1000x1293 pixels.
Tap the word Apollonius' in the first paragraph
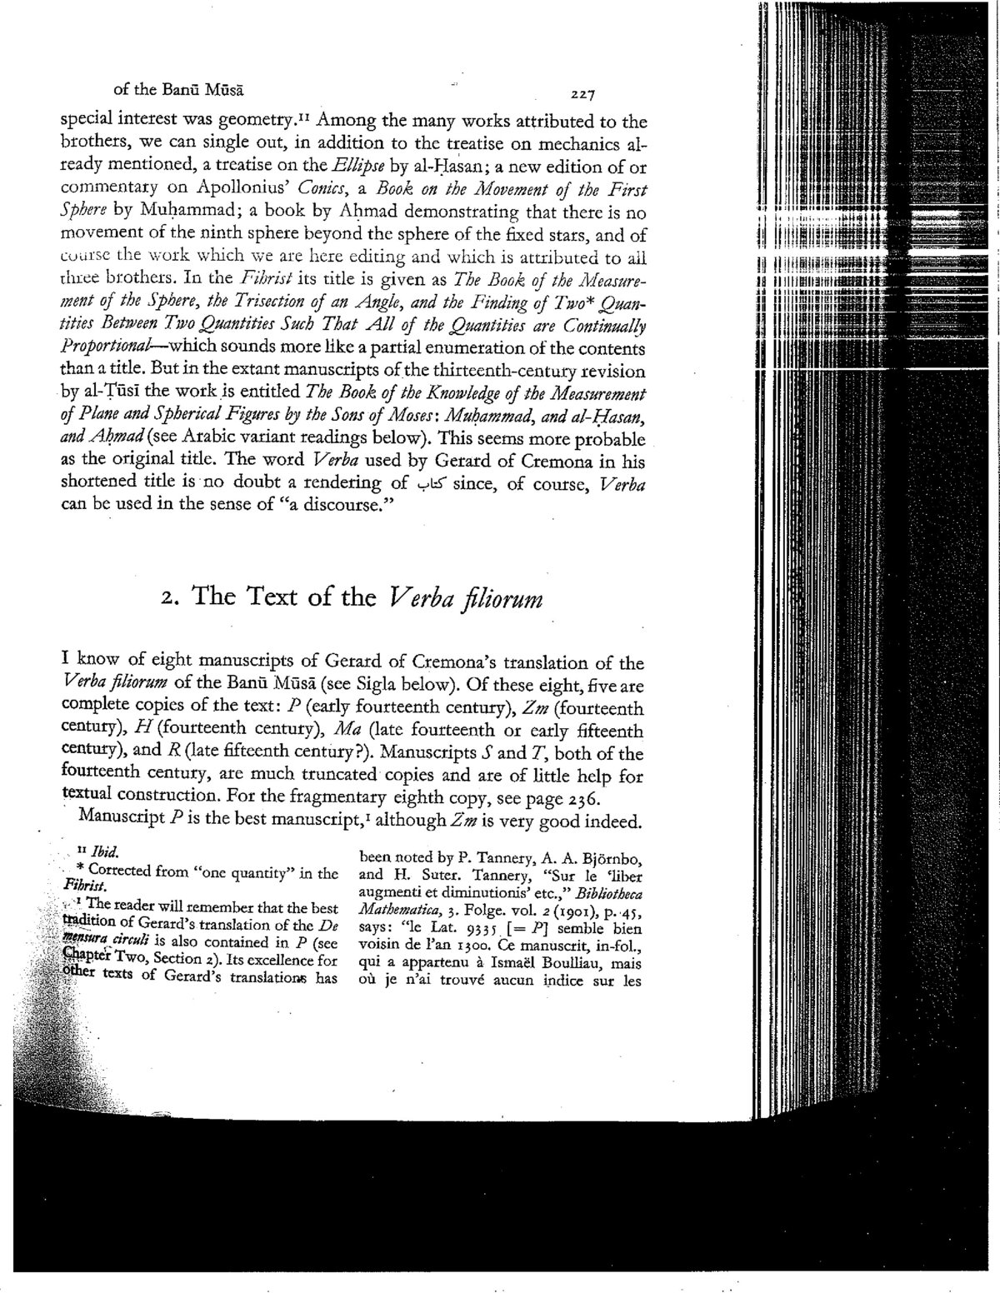(242, 188)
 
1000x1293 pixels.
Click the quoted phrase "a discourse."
(312, 506)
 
